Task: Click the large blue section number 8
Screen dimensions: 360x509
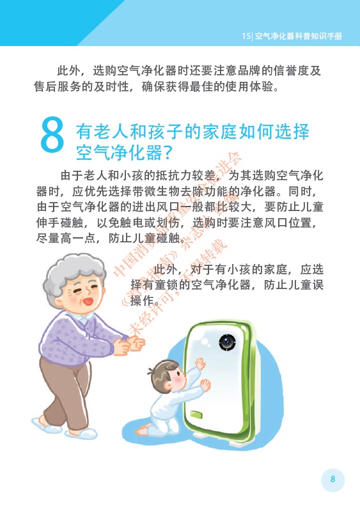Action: pos(52,135)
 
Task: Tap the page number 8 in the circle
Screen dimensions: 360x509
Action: pos(333,479)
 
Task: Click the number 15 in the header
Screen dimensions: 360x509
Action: pos(246,36)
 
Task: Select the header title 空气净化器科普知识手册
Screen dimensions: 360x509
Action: pos(299,36)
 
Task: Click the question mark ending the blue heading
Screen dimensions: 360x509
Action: pos(168,152)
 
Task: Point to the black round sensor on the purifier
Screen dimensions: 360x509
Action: pos(227,342)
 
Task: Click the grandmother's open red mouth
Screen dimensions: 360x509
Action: pos(88,302)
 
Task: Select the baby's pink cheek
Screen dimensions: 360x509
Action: pos(178,379)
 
